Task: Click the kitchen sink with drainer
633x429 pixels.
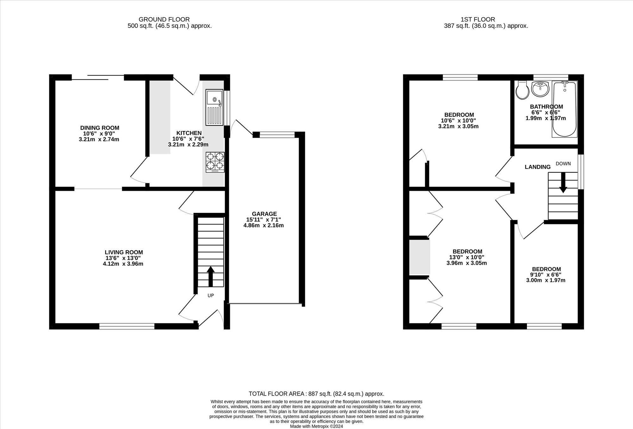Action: click(x=214, y=107)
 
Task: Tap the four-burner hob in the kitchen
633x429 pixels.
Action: click(x=215, y=162)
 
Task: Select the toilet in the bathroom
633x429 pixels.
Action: click(x=522, y=90)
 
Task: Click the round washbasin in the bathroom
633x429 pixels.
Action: click(x=540, y=89)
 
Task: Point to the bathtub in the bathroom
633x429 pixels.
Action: click(x=565, y=109)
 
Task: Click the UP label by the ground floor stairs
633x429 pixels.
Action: click(x=210, y=295)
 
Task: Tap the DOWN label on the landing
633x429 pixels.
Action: click(x=563, y=164)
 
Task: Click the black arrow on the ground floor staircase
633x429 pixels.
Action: click(x=210, y=277)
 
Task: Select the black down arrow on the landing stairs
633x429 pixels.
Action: click(x=563, y=183)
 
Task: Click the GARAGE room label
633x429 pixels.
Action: click(x=264, y=214)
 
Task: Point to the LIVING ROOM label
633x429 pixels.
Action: click(x=124, y=252)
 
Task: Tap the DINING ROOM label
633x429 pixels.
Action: click(x=100, y=128)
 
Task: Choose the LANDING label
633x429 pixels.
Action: click(x=538, y=167)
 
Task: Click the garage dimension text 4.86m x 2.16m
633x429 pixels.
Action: click(x=264, y=225)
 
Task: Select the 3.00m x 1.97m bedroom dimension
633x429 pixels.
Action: click(x=546, y=280)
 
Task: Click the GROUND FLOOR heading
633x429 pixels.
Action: click(x=164, y=19)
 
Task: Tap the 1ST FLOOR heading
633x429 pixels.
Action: click(x=478, y=19)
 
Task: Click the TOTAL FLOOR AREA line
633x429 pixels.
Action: click(x=316, y=394)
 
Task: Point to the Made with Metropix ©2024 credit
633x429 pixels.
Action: click(x=316, y=426)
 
